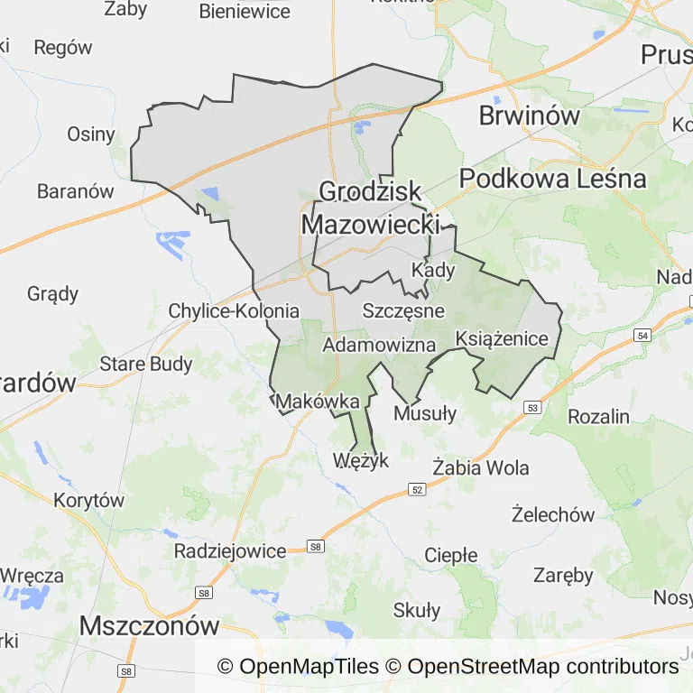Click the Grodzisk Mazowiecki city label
click(370, 208)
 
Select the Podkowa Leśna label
click(552, 179)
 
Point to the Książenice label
click(503, 339)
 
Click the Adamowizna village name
click(379, 345)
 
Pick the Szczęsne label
click(403, 310)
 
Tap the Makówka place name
click(319, 401)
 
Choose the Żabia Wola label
click(481, 468)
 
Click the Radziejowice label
click(230, 550)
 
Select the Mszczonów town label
click(150, 625)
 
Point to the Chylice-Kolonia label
click(234, 311)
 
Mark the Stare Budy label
click(146, 365)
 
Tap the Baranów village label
click(76, 191)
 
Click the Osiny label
click(91, 134)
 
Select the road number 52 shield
click(416, 489)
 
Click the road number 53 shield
click(532, 408)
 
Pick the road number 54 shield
click(642, 336)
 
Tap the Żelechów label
click(553, 515)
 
